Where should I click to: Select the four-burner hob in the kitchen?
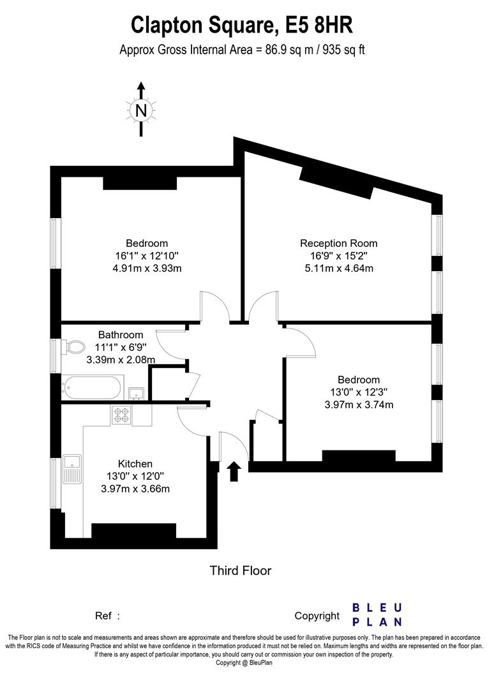pos(121,415)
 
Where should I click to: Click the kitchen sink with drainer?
pos(71,469)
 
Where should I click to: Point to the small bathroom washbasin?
pos(137,393)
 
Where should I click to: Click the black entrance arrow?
pos(234,471)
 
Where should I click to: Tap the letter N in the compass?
pos(140,110)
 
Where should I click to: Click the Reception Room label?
pos(338,243)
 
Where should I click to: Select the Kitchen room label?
pos(135,464)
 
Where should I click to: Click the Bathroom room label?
pos(121,335)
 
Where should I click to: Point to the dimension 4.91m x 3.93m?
pos(147,268)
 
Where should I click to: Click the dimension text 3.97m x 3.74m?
pos(359,404)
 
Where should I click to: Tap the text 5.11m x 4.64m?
pos(339,268)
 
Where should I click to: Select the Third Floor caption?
pos(241,570)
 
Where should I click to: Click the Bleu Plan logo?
pos(377,615)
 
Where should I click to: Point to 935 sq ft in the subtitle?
pos(344,50)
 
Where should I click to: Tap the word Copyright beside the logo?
pos(317,616)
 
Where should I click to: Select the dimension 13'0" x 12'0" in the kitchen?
pos(135,476)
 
